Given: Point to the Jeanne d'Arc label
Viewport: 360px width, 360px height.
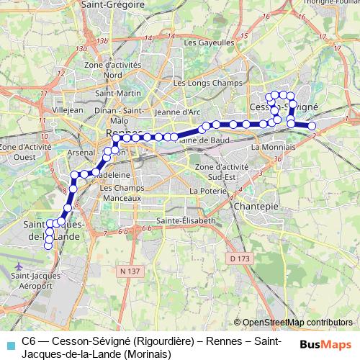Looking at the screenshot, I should [x=177, y=112].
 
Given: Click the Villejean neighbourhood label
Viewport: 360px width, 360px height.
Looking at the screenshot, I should [x=68, y=111].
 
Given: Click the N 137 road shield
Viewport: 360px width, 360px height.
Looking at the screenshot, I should [x=129, y=271].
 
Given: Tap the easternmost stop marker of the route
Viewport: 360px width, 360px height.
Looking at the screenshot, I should [x=312, y=126].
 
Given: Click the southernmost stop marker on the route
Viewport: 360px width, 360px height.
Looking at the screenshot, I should [x=48, y=246].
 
